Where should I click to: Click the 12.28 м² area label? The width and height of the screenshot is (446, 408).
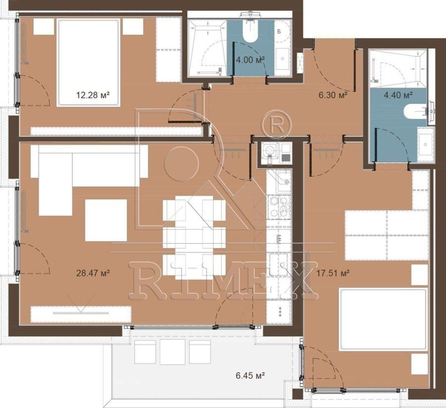(93, 95)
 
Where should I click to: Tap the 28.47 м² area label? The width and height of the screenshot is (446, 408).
(93, 273)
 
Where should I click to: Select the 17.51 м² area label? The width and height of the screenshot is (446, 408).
(333, 273)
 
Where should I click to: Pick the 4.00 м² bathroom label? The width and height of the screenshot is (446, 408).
(250, 59)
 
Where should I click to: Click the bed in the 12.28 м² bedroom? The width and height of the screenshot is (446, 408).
(89, 63)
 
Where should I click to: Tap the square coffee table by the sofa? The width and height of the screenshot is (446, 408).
(106, 220)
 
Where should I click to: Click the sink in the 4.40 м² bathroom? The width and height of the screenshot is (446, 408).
(425, 144)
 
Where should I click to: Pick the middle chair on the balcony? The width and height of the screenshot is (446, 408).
(173, 352)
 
